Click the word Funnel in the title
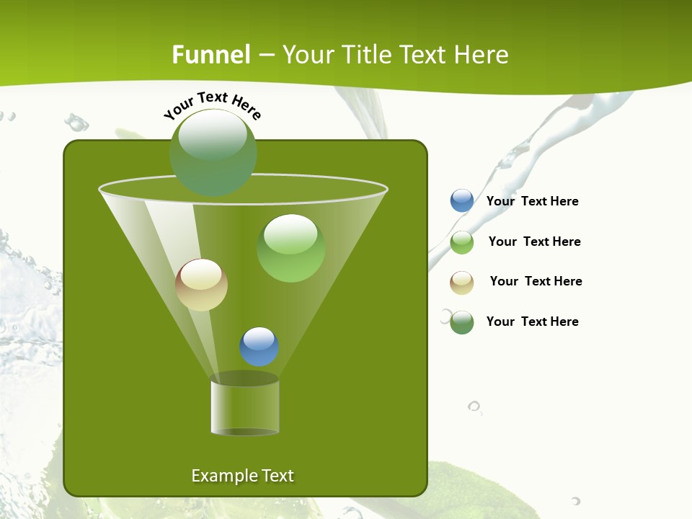click(x=211, y=55)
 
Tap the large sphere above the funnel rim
click(x=213, y=152)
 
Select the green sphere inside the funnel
click(x=291, y=248)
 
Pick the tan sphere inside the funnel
click(x=202, y=285)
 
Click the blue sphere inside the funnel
click(x=259, y=347)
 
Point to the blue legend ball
click(x=462, y=201)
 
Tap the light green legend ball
click(x=462, y=242)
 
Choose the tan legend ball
click(x=462, y=283)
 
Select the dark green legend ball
click(x=462, y=322)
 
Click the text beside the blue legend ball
click(x=532, y=202)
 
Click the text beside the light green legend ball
click(x=534, y=241)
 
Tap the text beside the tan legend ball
click(x=536, y=281)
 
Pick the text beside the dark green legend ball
click(x=532, y=321)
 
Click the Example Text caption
click(x=243, y=476)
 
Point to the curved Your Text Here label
click(x=212, y=105)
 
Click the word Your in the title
click(x=306, y=55)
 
